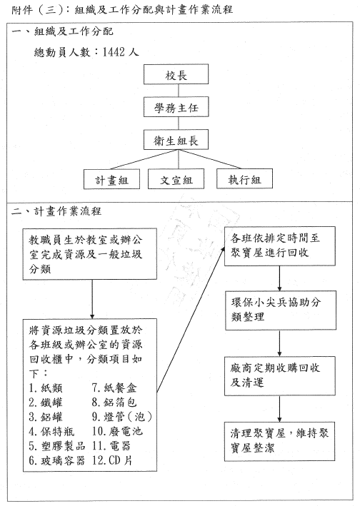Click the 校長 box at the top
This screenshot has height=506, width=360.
pyautogui.click(x=176, y=74)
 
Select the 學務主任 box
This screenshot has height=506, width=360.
pyautogui.click(x=176, y=107)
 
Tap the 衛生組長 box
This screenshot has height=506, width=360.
pyautogui.click(x=176, y=140)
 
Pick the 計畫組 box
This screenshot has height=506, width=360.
pyautogui.click(x=111, y=179)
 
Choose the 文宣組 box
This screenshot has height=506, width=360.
pyautogui.click(x=176, y=179)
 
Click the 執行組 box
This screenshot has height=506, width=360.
pyautogui.click(x=244, y=178)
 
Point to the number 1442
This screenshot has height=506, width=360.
pyautogui.click(x=114, y=51)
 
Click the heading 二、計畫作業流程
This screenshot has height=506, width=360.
pyautogui.click(x=56, y=211)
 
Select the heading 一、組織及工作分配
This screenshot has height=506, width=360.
pyautogui.click(x=63, y=31)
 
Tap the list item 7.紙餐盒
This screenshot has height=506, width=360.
pyautogui.click(x=114, y=388)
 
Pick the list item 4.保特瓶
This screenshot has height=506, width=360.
pyautogui.click(x=51, y=432)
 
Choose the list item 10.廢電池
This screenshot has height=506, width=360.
pyautogui.click(x=117, y=432)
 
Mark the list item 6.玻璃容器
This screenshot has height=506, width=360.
pyautogui.click(x=57, y=460)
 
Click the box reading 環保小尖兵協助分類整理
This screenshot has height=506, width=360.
pyautogui.click(x=280, y=310)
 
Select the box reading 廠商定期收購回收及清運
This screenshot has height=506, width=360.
pyautogui.click(x=280, y=376)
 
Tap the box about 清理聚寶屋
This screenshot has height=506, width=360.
pyautogui.click(x=280, y=441)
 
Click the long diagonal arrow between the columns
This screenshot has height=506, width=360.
pyautogui.click(x=191, y=320)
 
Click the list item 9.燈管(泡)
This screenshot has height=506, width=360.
pyautogui.click(x=122, y=417)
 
